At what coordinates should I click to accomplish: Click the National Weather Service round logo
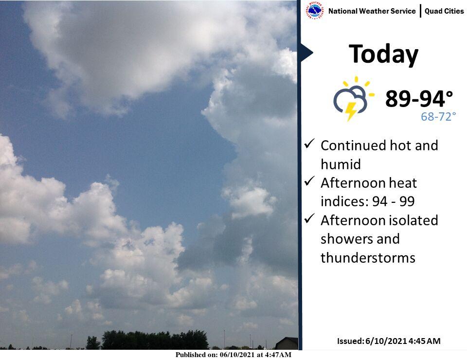click(315, 10)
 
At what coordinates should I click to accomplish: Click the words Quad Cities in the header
click(444, 11)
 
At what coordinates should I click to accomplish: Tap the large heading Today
click(383, 54)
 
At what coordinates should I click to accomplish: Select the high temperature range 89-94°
click(419, 99)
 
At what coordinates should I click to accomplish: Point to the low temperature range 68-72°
click(438, 116)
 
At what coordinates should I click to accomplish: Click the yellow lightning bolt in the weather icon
click(351, 111)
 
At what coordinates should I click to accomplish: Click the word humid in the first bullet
click(341, 164)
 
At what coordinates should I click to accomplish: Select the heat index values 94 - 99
click(394, 201)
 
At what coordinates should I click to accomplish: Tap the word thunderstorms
click(368, 257)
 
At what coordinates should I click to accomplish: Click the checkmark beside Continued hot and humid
click(309, 144)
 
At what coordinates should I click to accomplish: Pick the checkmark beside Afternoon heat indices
click(309, 181)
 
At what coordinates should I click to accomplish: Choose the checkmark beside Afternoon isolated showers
click(309, 218)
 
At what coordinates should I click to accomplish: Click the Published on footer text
click(233, 355)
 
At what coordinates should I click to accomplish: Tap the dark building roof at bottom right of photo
click(287, 343)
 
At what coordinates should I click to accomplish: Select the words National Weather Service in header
click(372, 11)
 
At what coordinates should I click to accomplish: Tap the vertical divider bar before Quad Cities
click(420, 11)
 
